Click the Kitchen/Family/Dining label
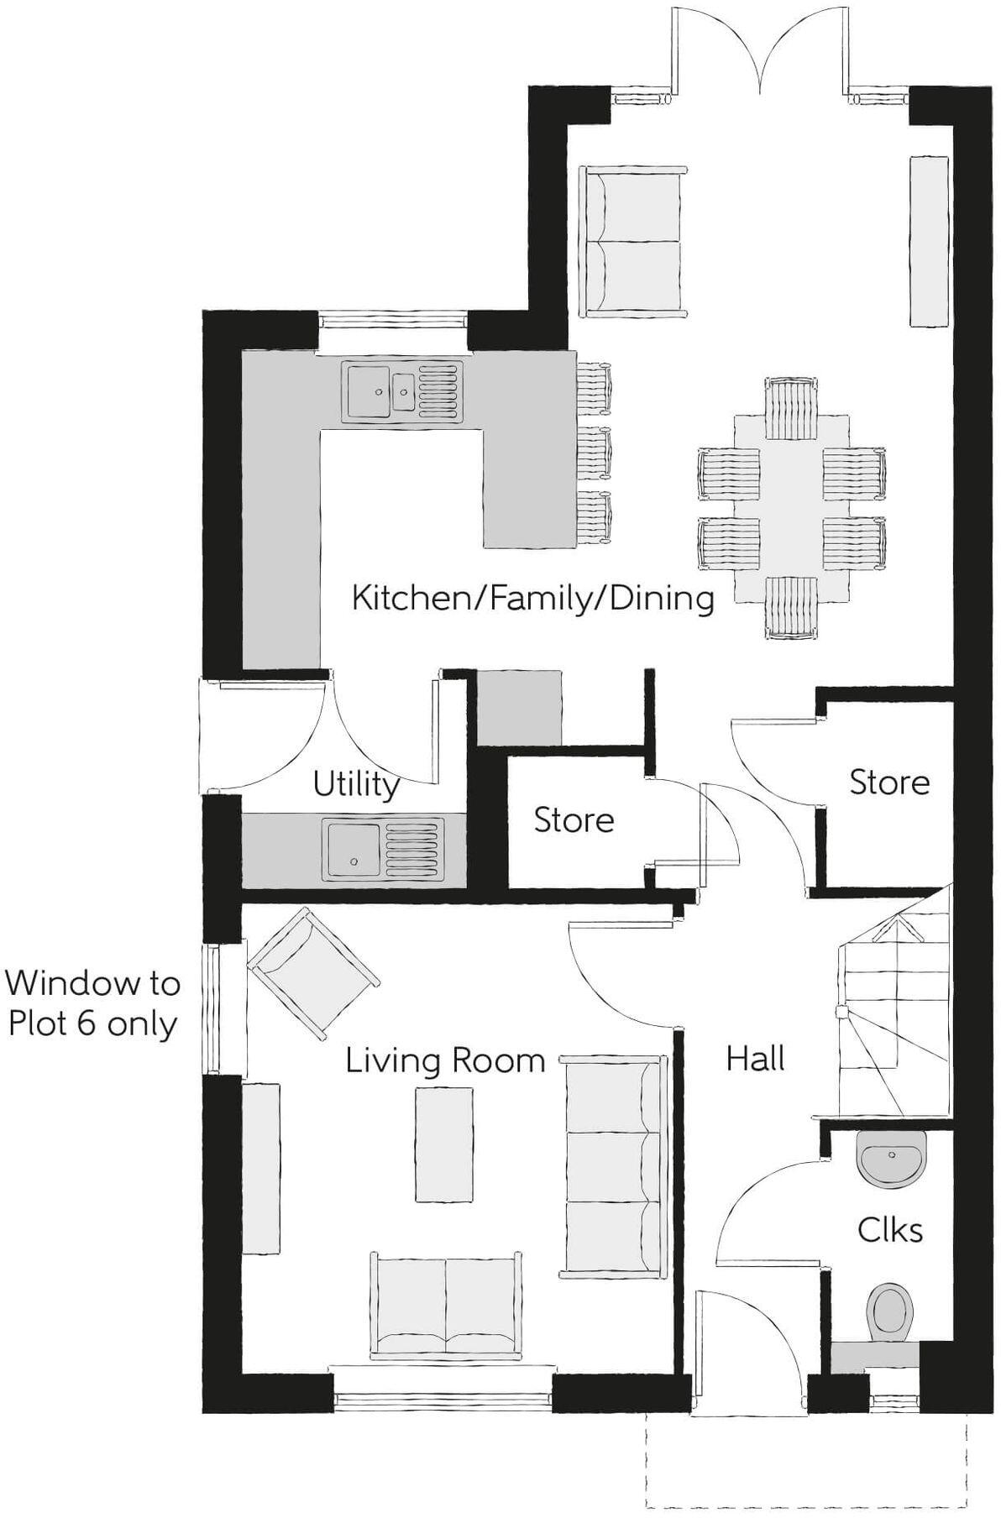pos(532,599)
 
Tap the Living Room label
pos(445,1060)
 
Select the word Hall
pos(755,1059)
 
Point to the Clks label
pos(889,1230)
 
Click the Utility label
pos(356,784)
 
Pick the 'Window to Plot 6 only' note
pos(92,1003)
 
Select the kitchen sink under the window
pos(402,390)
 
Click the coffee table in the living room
pos(444,1144)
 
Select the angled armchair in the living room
pos(312,973)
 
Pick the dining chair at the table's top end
pos(791,409)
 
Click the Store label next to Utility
pos(574,820)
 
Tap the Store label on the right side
pos(889,783)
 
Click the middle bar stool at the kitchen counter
pos(594,453)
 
